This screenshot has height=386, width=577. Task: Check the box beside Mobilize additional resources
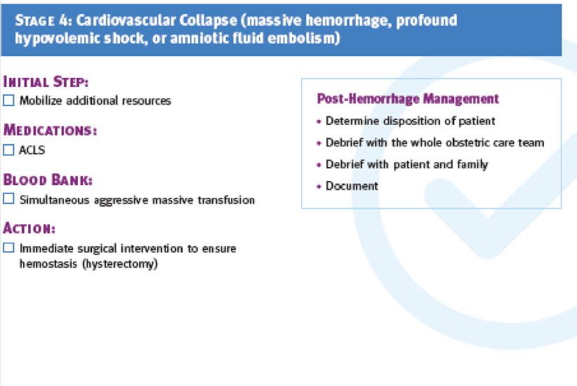click(8, 100)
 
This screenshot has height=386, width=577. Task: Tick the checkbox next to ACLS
click(8, 149)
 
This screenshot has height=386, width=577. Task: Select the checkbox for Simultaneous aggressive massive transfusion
click(8, 199)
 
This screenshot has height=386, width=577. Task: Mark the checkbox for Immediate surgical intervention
click(8, 248)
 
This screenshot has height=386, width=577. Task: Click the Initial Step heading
click(46, 81)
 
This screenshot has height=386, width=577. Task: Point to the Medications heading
click(50, 131)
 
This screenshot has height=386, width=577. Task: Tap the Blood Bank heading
click(48, 180)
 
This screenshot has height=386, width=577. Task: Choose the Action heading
click(29, 228)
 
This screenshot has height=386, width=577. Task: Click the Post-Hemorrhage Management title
click(408, 99)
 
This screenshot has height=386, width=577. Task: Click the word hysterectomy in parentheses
click(120, 264)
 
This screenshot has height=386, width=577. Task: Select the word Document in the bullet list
click(352, 186)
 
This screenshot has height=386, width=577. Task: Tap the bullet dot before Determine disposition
click(319, 121)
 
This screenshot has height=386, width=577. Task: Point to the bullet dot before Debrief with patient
click(319, 165)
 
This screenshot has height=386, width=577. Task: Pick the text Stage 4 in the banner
click(44, 20)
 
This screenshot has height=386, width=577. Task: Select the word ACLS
click(32, 149)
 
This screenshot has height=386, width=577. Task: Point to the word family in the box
click(472, 164)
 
